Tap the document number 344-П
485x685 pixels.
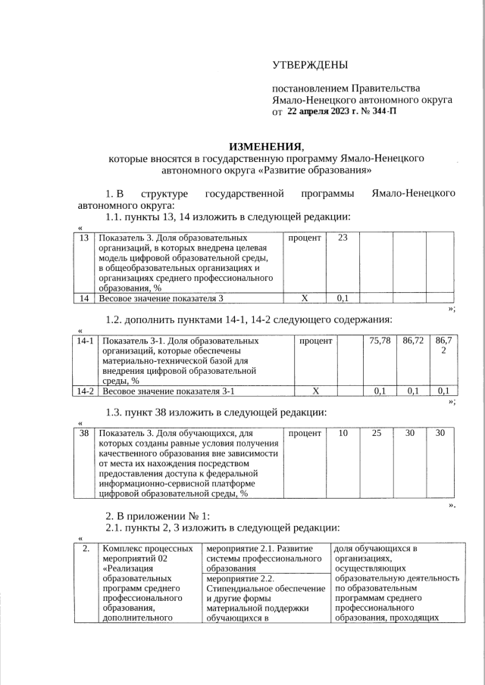(x=380, y=111)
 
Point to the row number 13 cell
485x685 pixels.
(x=83, y=238)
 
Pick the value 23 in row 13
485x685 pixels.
(x=343, y=238)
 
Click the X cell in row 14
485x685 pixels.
(x=305, y=298)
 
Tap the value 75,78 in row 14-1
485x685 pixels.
(x=380, y=341)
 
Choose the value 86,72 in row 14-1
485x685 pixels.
(x=413, y=341)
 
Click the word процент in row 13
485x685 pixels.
(x=305, y=238)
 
